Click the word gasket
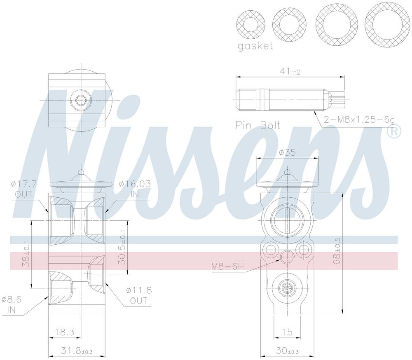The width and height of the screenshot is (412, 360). [x=255, y=46]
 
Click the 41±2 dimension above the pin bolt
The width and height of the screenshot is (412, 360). [x=290, y=71]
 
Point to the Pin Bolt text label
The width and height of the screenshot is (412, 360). [x=258, y=125]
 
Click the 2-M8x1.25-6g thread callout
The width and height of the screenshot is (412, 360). [x=359, y=120]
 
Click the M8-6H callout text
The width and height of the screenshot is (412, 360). [x=227, y=266]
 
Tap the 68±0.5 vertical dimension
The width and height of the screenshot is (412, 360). [x=338, y=251]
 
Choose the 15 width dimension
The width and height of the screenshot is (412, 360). [x=287, y=332]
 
